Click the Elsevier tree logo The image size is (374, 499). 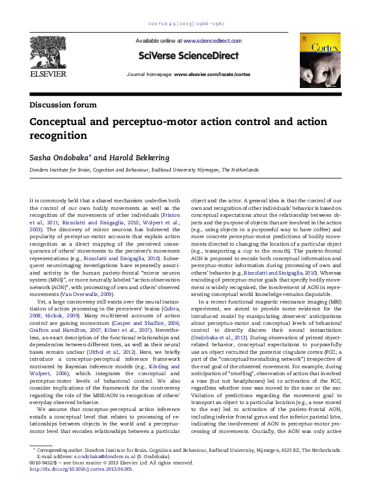(46, 50)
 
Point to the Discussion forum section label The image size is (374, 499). (63, 104)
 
